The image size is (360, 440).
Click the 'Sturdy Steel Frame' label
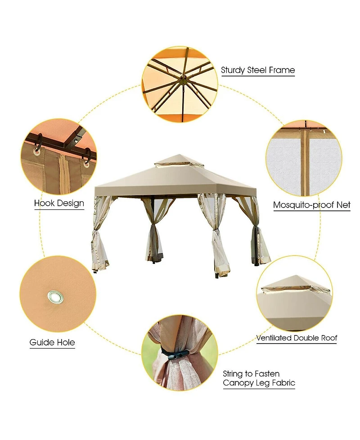coord(258,70)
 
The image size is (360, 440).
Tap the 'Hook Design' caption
coord(59,203)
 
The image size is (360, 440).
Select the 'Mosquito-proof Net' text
coord(312,205)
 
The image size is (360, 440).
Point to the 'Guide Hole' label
coord(52,343)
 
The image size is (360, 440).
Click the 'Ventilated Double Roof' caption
coord(297,338)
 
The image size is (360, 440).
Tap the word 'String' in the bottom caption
coord(234,374)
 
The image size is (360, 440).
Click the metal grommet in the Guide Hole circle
coord(54,296)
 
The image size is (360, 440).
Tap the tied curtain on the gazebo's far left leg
coord(100,239)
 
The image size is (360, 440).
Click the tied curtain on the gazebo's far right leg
coord(260,239)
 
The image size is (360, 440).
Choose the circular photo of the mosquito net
coord(303,158)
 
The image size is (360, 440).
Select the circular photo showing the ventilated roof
coord(295,295)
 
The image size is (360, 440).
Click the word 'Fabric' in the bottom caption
coord(282,384)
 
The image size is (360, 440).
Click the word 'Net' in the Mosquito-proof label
coord(343,205)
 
